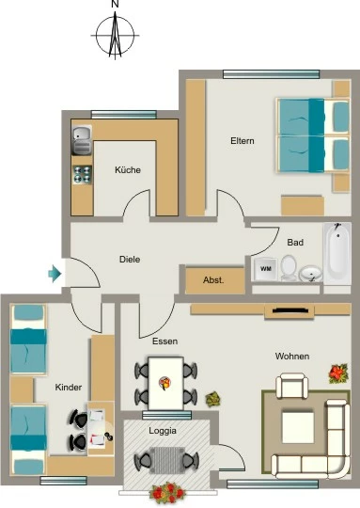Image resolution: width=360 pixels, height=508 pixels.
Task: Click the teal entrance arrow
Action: (55, 274)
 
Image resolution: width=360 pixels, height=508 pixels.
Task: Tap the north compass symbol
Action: (115, 35)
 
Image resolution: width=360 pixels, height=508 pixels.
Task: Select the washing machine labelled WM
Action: (266, 269)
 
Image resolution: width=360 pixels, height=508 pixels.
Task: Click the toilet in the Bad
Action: (289, 267)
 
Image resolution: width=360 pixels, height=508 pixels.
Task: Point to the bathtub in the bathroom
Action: (337, 253)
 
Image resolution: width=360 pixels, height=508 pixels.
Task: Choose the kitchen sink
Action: (82, 140)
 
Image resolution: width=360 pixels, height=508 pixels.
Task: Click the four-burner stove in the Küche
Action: (82, 175)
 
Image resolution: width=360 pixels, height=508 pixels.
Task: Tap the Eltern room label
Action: (243, 141)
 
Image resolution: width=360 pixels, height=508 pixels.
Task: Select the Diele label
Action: (130, 260)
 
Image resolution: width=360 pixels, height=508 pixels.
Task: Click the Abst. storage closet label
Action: (213, 280)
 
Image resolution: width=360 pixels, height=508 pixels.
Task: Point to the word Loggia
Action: (163, 431)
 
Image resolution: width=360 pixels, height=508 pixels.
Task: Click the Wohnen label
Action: (292, 356)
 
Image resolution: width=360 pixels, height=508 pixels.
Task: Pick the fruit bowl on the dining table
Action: (164, 383)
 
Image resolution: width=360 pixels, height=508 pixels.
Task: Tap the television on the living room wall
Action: (290, 310)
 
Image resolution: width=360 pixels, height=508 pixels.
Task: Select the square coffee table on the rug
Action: (298, 427)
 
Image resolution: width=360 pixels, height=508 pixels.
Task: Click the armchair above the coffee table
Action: (291, 386)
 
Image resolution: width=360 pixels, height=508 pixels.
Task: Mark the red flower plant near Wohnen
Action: (338, 373)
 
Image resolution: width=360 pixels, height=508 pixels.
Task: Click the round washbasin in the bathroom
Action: (310, 274)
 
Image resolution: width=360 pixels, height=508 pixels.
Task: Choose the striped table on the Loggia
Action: (167, 460)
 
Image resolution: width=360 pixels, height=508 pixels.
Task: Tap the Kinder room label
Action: (69, 388)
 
